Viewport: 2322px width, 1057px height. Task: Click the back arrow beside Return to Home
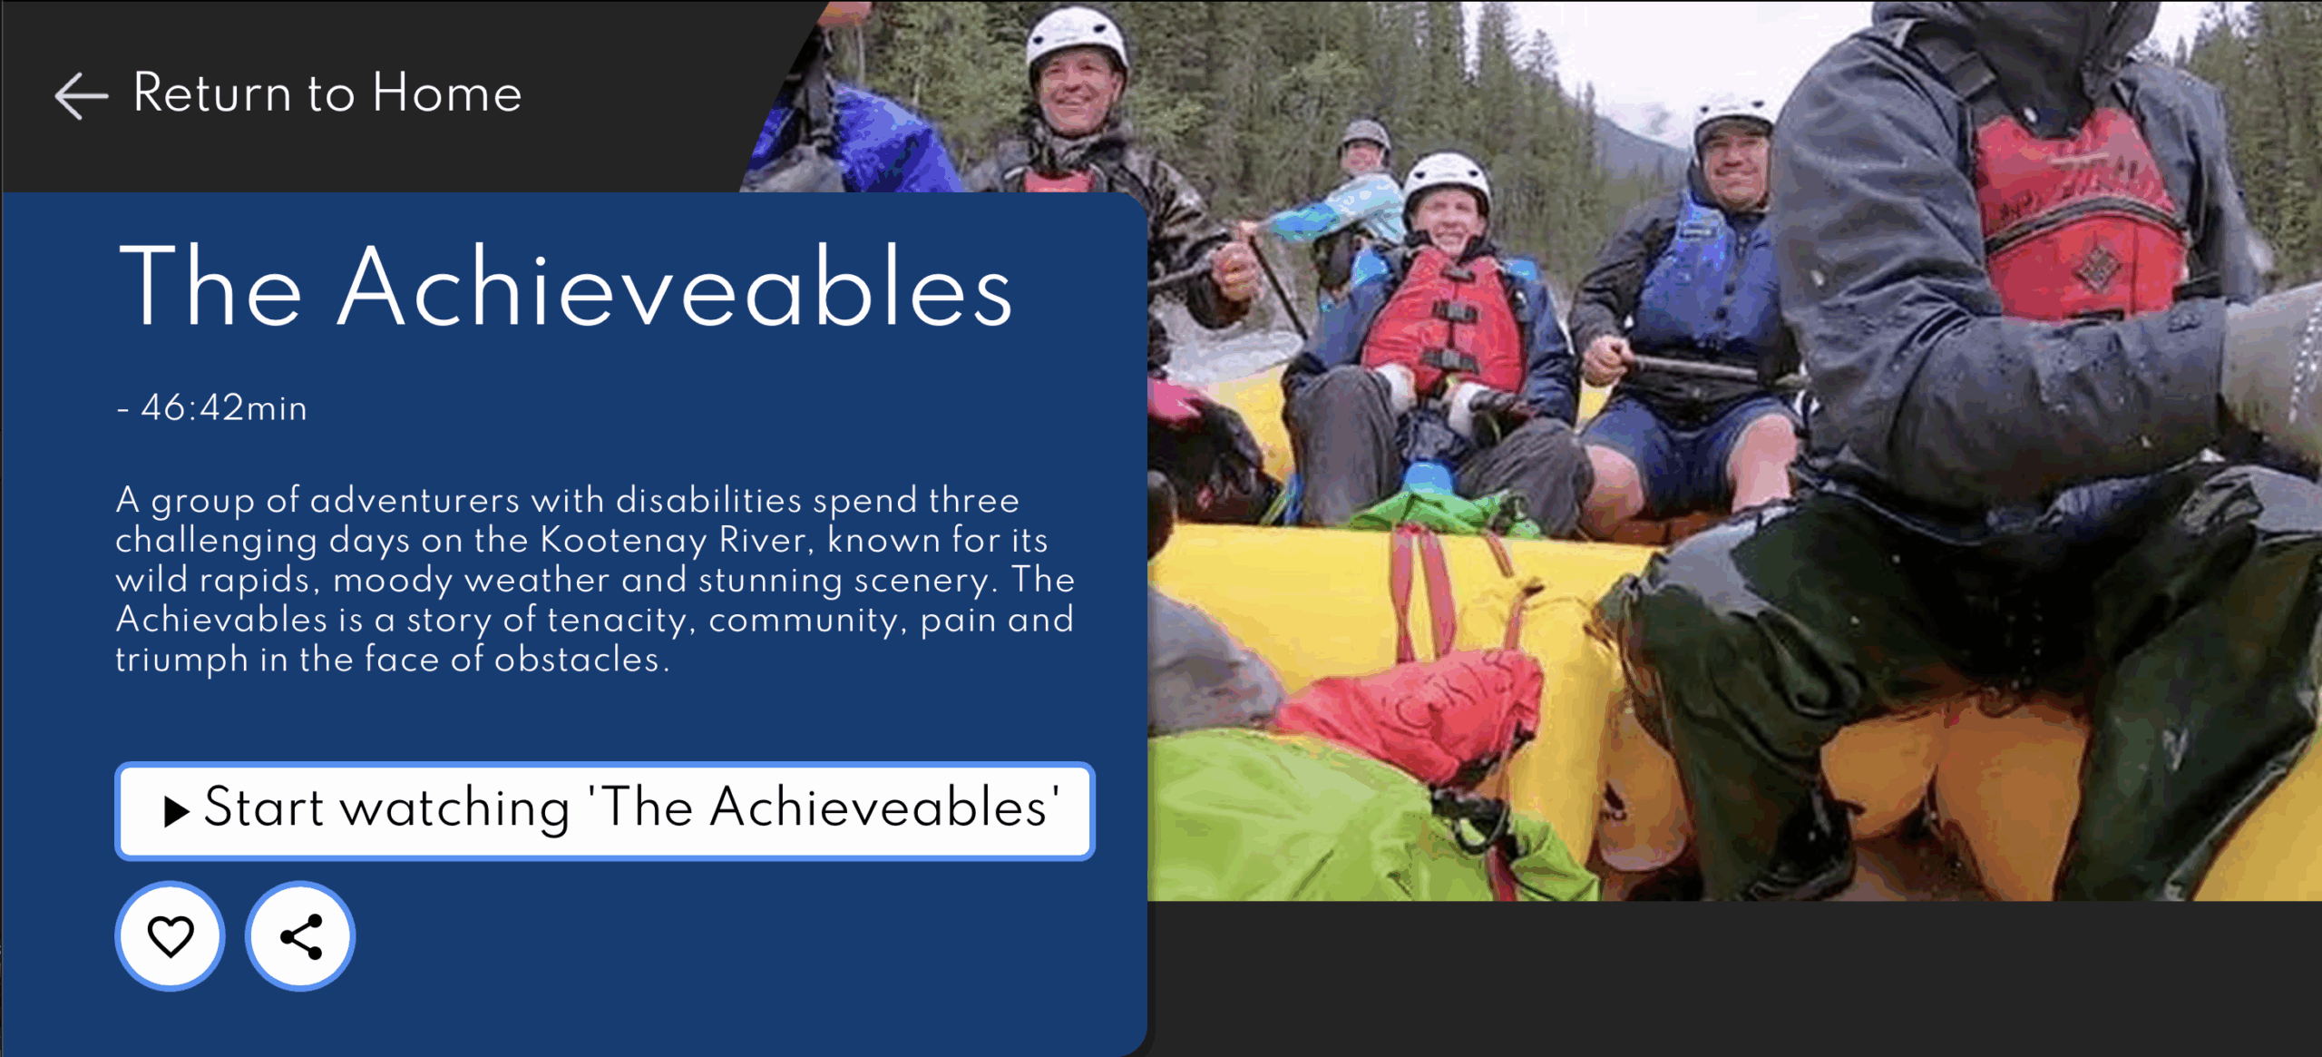(x=82, y=95)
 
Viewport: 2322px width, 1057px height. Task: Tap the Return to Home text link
(x=327, y=93)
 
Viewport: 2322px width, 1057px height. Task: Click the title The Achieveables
(x=565, y=286)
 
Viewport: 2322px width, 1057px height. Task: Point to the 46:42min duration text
(x=224, y=408)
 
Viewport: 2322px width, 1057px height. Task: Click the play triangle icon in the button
(x=176, y=811)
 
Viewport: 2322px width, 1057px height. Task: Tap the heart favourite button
(x=171, y=935)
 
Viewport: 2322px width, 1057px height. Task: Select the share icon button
(x=300, y=935)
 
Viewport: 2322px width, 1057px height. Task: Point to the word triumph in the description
(x=181, y=661)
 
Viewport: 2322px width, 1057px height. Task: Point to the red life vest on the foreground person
(x=2077, y=218)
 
